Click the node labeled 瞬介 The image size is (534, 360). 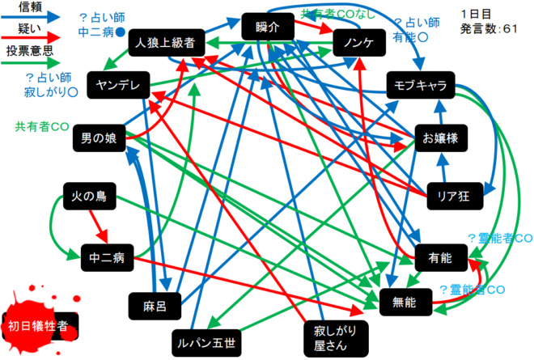268,27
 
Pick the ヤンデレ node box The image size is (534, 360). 119,86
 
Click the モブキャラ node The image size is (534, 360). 421,85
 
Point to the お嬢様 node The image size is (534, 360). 440,138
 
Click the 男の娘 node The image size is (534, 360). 99,138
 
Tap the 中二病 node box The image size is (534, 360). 108,258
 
